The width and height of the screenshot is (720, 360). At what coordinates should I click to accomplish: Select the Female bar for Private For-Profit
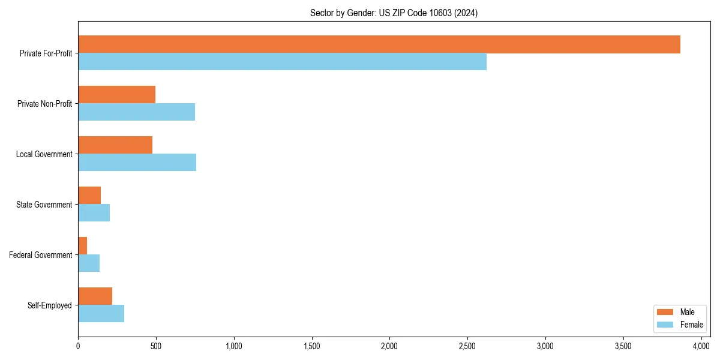pos(282,62)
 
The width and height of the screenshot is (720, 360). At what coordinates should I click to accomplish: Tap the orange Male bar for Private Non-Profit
pos(116,95)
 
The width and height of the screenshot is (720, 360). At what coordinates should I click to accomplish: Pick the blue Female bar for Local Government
pos(137,163)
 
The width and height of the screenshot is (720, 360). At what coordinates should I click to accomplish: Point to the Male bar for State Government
pos(89,196)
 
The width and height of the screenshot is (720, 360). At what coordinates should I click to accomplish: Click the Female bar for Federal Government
pos(89,263)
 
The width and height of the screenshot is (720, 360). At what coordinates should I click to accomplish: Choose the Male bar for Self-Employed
pos(95,296)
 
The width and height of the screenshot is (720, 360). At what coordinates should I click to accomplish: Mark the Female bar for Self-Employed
pos(101,314)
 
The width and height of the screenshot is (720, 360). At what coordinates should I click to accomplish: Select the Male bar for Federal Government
pos(83,246)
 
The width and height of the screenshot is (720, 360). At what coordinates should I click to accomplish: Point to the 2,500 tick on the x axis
pos(467,346)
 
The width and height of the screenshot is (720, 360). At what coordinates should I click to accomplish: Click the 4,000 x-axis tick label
pos(701,346)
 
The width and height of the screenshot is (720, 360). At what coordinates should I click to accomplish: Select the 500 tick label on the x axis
pos(156,346)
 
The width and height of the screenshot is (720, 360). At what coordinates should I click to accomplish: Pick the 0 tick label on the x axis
pos(78,346)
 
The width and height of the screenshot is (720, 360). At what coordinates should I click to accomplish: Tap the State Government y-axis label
pos(44,205)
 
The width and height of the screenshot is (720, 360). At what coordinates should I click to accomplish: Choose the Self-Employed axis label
pos(49,305)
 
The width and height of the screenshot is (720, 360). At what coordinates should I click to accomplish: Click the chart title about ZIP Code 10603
pos(394,13)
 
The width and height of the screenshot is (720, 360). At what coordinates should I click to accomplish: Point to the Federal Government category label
pos(41,255)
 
